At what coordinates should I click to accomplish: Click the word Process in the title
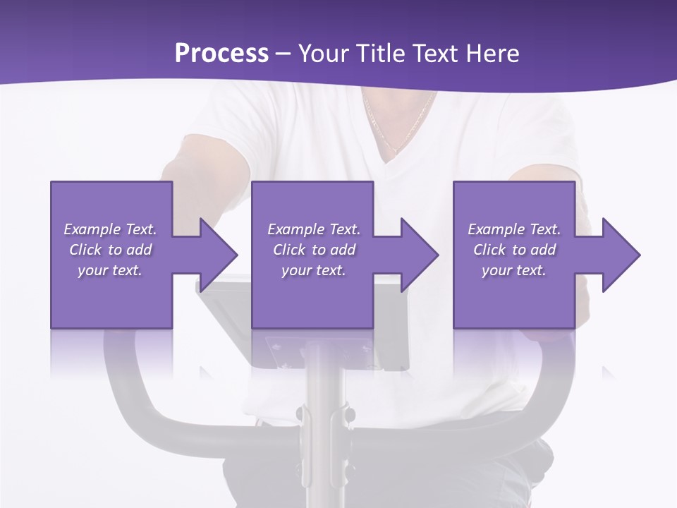click(x=221, y=54)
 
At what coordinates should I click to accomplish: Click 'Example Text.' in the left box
click(x=110, y=229)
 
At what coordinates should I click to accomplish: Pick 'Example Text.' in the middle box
click(x=314, y=229)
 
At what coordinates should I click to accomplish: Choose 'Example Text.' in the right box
click(x=514, y=229)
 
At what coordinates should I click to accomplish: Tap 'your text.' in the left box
click(x=110, y=270)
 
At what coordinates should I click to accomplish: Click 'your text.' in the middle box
click(x=314, y=270)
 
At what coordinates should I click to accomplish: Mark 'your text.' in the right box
click(x=514, y=270)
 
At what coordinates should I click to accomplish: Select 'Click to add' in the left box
click(x=110, y=250)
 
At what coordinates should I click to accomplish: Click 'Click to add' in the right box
click(x=514, y=250)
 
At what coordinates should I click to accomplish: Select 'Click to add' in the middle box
click(x=314, y=250)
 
